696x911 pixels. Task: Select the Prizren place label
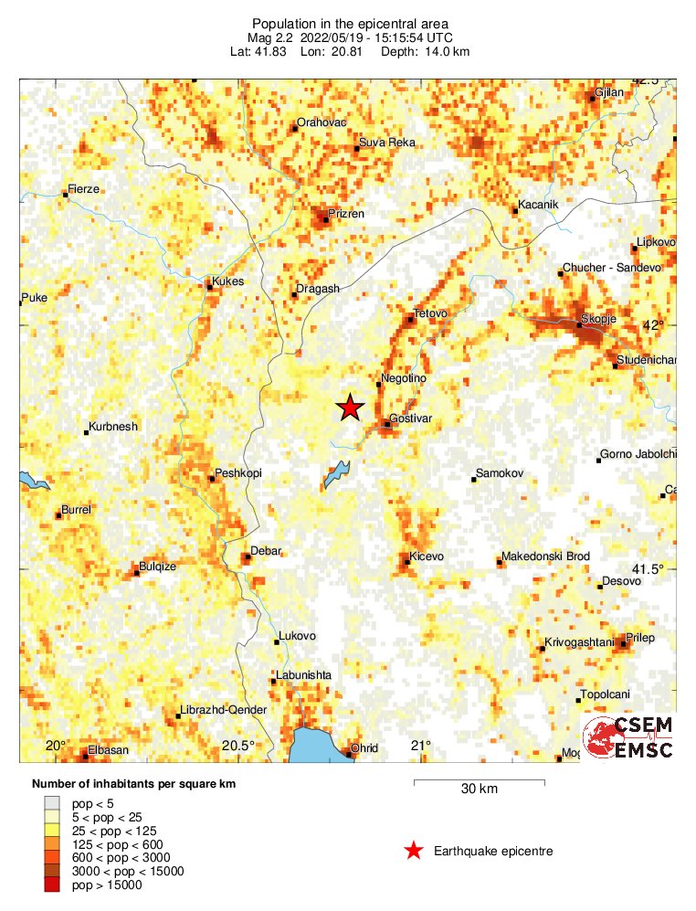347,214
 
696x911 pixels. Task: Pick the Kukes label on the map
228,281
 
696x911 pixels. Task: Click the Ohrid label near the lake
364,748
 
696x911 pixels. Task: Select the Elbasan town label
109,751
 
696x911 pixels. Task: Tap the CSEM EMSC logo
629,737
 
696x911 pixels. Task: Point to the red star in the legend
414,852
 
